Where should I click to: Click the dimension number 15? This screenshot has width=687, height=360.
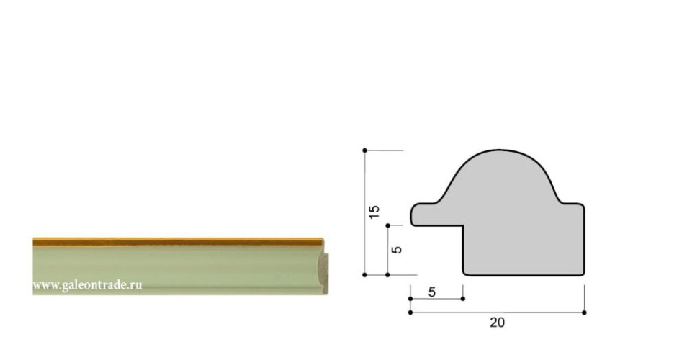(374, 212)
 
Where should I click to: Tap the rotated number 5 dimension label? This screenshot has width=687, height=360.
(397, 249)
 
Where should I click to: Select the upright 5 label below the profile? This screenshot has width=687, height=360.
(432, 292)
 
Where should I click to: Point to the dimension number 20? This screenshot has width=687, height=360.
(497, 323)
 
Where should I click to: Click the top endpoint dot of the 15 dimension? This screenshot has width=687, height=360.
(364, 150)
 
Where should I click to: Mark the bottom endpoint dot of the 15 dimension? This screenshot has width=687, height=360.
(364, 275)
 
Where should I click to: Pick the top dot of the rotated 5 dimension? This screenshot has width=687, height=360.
(387, 225)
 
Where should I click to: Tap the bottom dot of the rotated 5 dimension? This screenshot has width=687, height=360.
(387, 275)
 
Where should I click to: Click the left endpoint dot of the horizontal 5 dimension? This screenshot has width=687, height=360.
(410, 299)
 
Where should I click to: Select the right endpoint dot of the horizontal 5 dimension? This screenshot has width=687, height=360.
(463, 299)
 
